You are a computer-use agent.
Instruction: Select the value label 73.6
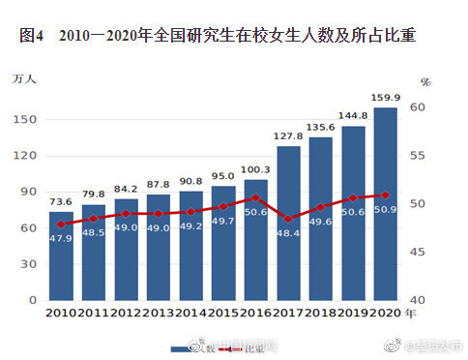pyautogui.click(x=61, y=201)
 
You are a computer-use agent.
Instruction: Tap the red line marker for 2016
pyautogui.click(x=255, y=197)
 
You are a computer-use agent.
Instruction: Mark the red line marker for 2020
pyautogui.click(x=386, y=195)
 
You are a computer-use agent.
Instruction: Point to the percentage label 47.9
pyautogui.click(x=61, y=238)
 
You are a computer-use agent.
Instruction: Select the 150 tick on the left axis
pyautogui.click(x=27, y=119)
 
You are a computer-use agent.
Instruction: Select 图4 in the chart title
pyautogui.click(x=32, y=37)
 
